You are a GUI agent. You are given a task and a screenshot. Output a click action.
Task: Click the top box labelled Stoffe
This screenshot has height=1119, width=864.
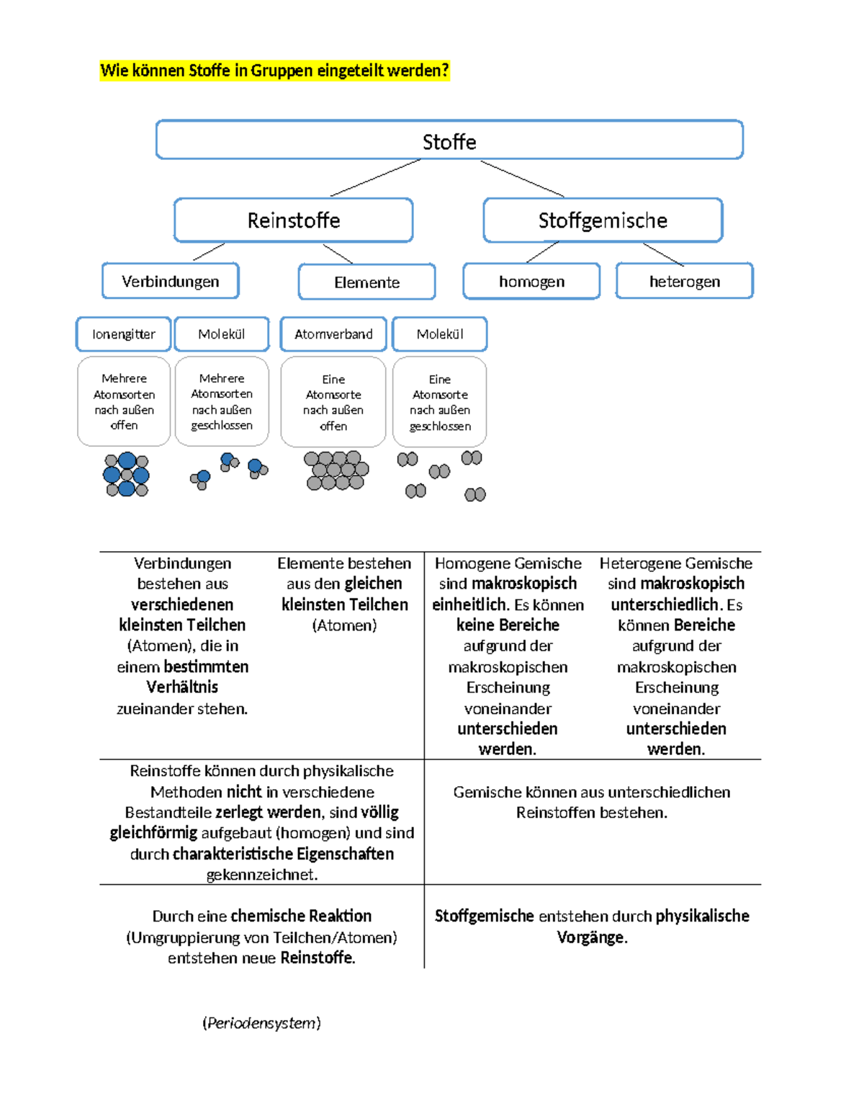click(449, 140)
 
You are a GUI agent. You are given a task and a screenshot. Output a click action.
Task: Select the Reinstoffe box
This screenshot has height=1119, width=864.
click(293, 220)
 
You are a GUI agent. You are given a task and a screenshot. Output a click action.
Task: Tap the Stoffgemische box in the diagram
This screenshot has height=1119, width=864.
click(603, 220)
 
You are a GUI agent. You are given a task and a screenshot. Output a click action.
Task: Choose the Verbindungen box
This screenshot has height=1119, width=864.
click(171, 281)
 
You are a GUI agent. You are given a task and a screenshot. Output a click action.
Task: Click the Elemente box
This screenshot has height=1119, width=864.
click(366, 282)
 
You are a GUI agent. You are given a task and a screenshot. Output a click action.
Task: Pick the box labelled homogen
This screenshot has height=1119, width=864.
click(531, 281)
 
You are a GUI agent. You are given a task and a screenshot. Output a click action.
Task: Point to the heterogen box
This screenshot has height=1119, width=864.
click(684, 281)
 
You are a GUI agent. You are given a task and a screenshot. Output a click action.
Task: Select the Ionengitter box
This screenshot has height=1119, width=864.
click(124, 334)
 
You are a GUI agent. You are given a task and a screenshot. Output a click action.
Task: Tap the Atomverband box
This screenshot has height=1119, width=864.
click(333, 334)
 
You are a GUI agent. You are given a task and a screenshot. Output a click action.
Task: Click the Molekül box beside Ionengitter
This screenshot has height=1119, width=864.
click(222, 334)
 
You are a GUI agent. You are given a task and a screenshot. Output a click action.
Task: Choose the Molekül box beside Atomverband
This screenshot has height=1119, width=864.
click(439, 334)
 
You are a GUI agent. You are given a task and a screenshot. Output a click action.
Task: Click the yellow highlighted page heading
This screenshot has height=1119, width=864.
click(274, 71)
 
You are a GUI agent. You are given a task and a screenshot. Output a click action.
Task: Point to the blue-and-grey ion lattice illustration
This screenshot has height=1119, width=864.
click(126, 475)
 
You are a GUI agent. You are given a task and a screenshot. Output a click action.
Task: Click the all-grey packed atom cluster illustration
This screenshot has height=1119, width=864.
click(336, 471)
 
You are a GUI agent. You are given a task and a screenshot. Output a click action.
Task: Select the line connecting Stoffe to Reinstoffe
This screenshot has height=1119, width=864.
click(375, 177)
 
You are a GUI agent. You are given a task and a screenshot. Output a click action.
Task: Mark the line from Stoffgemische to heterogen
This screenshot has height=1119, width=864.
click(663, 254)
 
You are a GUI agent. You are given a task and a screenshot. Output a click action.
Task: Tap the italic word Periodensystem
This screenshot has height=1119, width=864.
click(261, 1023)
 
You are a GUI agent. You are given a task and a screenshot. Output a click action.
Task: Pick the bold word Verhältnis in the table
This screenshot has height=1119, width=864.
click(182, 687)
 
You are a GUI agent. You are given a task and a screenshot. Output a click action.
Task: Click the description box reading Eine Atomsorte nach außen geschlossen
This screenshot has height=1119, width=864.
click(439, 402)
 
